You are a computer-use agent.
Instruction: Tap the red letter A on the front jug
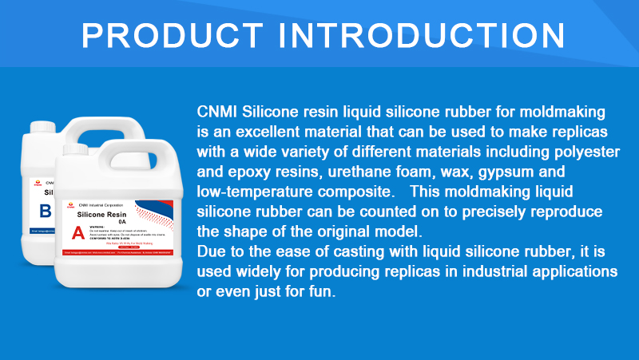coord(78,233)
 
